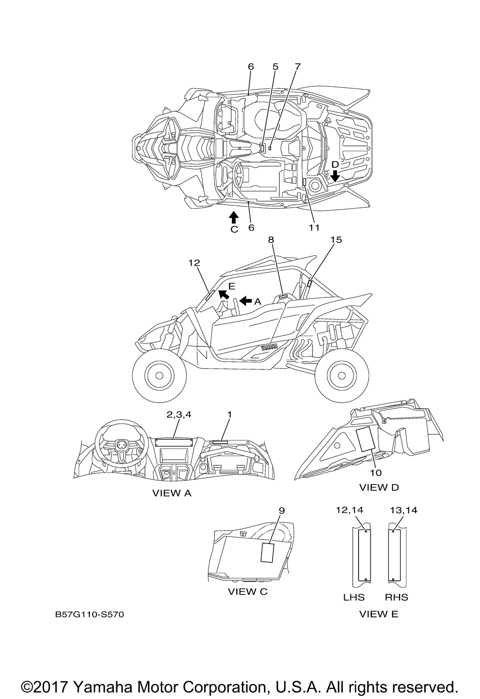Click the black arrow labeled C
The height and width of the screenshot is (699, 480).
233,218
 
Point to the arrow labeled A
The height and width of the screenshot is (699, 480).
245,301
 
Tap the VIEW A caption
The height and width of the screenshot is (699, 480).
172,493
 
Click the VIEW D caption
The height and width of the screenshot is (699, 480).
379,487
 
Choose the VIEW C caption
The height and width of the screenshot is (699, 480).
248,592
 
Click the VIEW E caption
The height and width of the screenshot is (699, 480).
379,614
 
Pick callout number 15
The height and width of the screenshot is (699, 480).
336,239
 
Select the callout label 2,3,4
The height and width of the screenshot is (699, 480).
179,415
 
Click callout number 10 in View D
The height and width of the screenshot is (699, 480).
376,473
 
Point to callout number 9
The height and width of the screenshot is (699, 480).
282,510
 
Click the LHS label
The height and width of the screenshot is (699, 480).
354,597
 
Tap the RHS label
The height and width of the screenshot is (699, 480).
396,597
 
